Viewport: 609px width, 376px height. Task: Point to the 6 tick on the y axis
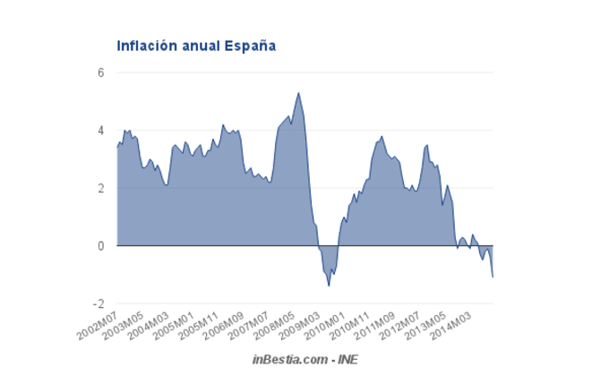[101, 73]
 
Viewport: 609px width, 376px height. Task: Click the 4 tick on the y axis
[101, 131]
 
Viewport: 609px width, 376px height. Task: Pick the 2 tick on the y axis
[101, 188]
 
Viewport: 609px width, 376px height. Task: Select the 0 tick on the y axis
[101, 245]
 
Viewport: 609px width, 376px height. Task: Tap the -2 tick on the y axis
[99, 303]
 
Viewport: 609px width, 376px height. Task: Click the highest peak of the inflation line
[298, 92]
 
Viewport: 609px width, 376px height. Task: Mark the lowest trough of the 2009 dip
[329, 286]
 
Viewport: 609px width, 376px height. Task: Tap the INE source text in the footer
[346, 359]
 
